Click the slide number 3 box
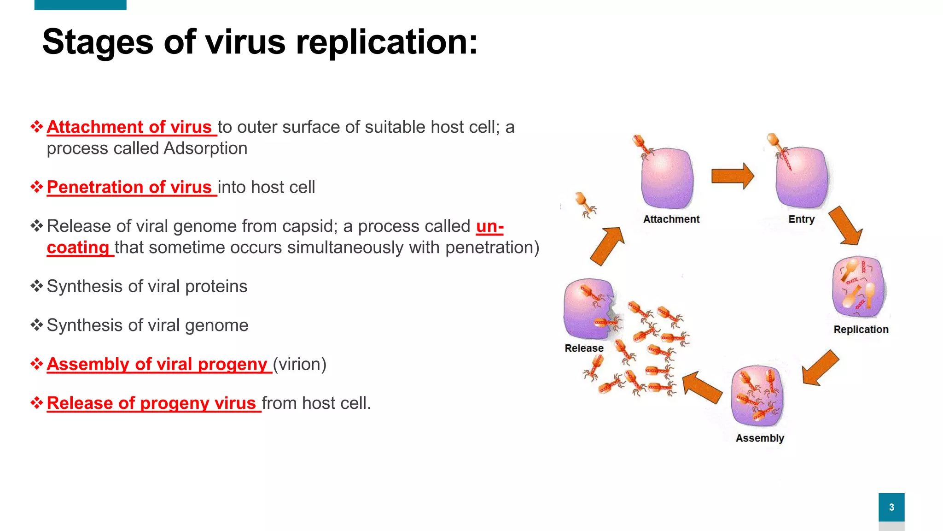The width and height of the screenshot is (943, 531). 891,507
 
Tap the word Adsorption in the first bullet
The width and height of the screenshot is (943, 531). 205,148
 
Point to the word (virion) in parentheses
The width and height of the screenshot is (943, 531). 299,364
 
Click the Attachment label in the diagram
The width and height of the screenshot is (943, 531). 671,219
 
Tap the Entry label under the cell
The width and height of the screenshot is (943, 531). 801,219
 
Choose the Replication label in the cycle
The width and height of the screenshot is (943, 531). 861,330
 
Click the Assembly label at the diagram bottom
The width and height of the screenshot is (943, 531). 760,438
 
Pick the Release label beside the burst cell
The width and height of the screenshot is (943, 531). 584,348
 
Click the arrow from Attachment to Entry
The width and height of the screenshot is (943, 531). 732,176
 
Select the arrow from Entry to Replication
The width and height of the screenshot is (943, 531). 845,225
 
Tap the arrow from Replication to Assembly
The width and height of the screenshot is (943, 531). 820,367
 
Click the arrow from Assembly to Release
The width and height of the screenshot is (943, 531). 702,388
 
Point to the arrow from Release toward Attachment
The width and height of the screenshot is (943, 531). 607,246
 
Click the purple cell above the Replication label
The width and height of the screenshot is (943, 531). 859,287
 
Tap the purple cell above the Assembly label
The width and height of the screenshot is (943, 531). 757,395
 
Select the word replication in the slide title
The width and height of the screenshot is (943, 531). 387,42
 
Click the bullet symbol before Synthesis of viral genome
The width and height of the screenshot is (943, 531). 37,325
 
